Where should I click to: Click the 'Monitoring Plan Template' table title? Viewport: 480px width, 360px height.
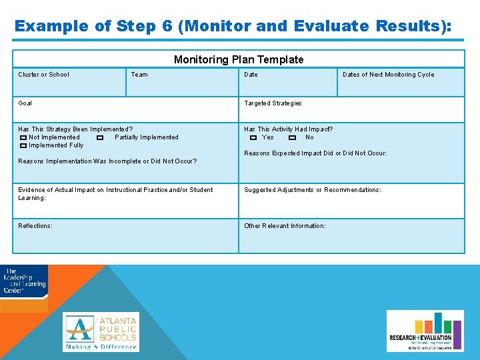[239, 59]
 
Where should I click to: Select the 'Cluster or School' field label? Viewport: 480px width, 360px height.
[43, 75]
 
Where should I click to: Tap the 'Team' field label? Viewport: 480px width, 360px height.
[139, 75]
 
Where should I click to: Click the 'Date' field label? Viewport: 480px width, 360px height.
[251, 75]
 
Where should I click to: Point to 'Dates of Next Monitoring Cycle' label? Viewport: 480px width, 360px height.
[388, 75]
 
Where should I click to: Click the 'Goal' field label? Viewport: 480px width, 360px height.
[25, 103]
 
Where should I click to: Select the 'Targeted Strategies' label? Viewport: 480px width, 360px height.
[273, 103]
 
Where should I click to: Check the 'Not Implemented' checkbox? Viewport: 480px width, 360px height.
[23, 138]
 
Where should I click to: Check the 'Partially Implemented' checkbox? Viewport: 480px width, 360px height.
[99, 138]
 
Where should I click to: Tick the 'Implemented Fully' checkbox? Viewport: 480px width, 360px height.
[23, 146]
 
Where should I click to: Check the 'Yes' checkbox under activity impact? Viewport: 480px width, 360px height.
[253, 138]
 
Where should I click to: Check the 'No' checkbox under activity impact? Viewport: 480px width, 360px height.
[293, 138]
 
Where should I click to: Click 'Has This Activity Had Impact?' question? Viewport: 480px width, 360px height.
[288, 129]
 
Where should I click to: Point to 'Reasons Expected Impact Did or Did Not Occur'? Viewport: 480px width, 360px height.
[315, 153]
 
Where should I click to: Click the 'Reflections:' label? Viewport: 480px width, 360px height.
[35, 226]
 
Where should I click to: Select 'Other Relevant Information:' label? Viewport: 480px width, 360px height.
[285, 226]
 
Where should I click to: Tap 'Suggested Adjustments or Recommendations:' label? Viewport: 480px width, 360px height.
[312, 190]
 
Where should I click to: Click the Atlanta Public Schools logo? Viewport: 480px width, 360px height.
[101, 331]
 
